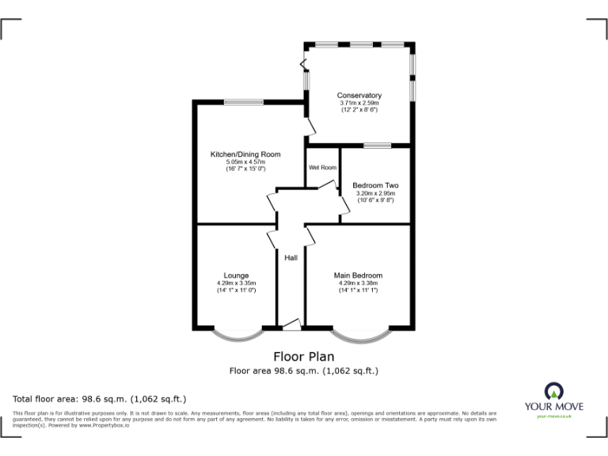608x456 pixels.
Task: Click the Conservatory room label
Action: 359,96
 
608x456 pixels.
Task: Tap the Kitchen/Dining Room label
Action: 245,154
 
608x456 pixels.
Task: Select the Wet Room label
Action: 323,168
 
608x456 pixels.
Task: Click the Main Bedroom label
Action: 358,275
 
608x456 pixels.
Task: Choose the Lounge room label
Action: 236,275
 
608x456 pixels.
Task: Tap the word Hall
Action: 291,258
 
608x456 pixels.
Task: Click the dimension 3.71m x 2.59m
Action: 359,103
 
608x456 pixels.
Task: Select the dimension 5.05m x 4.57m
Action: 245,161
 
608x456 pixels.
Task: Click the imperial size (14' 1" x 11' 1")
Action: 358,291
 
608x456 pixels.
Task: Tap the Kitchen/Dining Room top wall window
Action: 244,101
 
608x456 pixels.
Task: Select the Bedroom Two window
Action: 377,146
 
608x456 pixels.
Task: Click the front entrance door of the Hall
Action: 291,324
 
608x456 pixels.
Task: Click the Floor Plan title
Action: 303,356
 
